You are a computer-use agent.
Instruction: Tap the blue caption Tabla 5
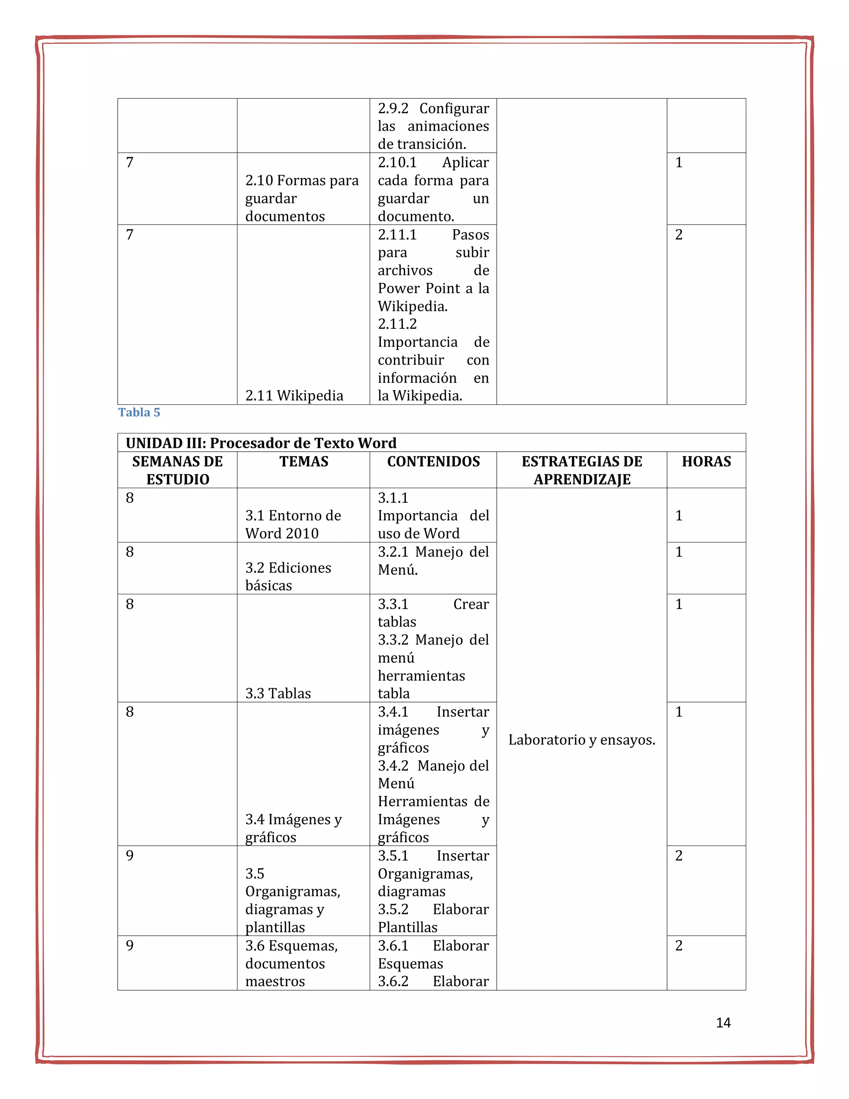coord(139,412)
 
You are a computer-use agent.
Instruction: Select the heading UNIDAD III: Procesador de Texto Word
coord(261,443)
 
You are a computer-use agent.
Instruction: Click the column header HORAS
coord(706,462)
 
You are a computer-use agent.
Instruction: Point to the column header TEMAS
coord(304,462)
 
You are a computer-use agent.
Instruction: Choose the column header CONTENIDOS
coord(433,462)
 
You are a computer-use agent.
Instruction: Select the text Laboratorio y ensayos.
coord(582,740)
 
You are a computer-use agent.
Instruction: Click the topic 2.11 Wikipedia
coord(294,396)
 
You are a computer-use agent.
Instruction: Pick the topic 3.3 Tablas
coord(278,693)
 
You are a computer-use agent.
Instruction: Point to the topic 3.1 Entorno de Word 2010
coord(293,524)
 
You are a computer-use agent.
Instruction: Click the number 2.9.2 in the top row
coord(393,109)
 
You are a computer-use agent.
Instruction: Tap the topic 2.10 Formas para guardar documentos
coord(302,198)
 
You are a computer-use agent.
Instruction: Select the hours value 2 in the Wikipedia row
coord(679,234)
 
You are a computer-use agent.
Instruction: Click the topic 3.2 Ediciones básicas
coord(288,577)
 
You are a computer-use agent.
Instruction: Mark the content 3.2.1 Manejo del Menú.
coord(433,561)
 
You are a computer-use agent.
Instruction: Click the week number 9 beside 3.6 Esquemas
coord(130,946)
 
